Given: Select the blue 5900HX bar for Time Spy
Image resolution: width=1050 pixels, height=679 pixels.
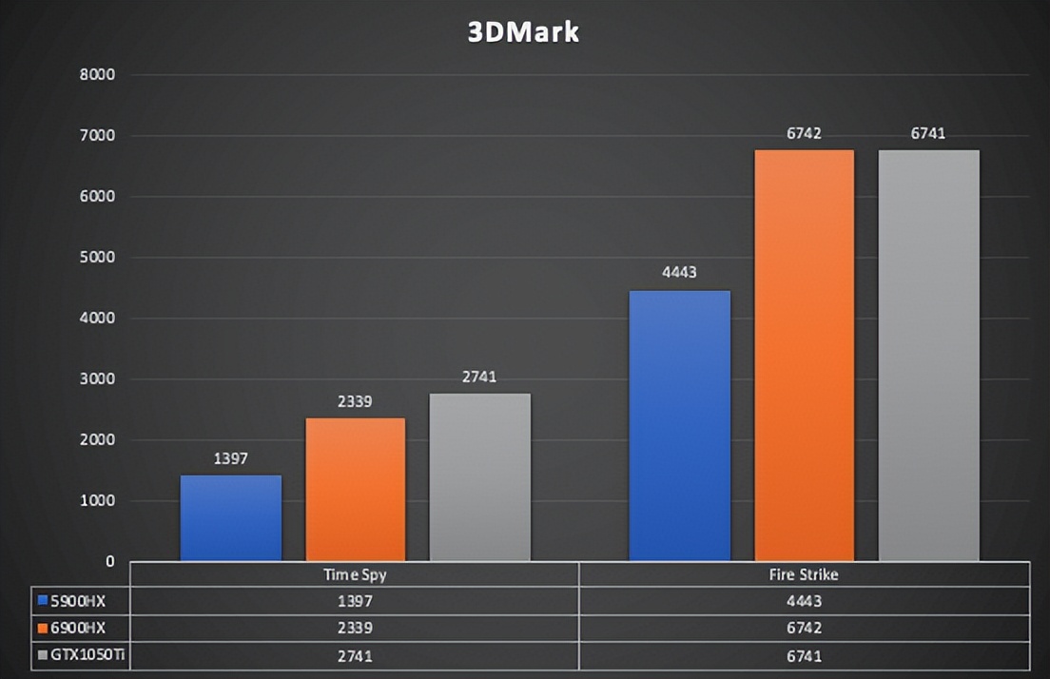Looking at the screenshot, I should [231, 518].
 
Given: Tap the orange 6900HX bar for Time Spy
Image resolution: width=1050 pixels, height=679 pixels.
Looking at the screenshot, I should [356, 490].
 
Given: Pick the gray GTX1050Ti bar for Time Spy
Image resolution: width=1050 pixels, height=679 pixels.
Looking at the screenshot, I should [480, 477].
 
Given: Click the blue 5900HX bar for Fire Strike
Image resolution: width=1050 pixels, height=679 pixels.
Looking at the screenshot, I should [680, 426].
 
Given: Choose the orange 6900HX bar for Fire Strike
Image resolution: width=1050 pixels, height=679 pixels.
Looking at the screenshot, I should [805, 356].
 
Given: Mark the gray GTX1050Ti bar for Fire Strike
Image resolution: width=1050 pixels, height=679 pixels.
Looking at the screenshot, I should [928, 356].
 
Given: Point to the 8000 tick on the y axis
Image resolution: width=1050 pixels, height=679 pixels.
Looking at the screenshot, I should [97, 75].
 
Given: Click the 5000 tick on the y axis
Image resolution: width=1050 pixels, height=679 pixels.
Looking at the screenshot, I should [97, 258].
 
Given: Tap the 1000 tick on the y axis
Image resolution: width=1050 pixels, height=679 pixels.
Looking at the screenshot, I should [97, 501].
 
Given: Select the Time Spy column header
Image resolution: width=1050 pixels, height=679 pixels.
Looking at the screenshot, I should [355, 575].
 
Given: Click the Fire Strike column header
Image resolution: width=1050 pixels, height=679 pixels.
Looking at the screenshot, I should [804, 575].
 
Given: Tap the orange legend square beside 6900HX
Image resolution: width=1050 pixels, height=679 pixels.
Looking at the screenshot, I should [42, 629].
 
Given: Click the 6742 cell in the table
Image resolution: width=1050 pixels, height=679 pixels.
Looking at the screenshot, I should [804, 629].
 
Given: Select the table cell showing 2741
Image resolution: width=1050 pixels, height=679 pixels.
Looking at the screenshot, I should [355, 656].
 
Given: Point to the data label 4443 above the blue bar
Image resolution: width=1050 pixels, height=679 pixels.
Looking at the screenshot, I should [680, 273].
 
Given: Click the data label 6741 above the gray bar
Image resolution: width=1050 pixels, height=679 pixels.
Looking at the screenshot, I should [928, 134].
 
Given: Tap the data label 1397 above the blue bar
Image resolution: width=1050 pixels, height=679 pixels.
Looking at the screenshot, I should [231, 459].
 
